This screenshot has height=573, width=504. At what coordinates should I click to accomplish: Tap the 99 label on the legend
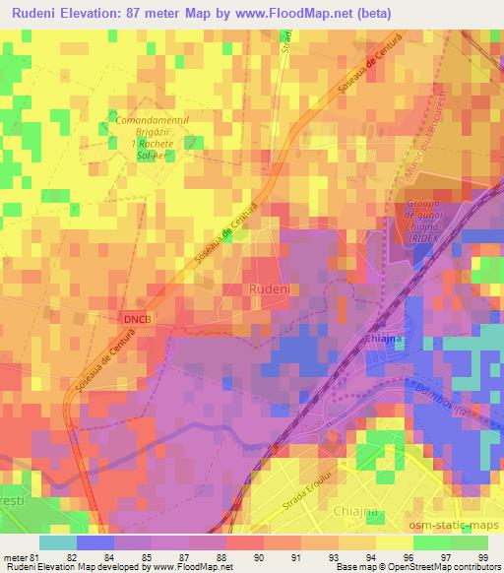pyautogui.click(x=482, y=556)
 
